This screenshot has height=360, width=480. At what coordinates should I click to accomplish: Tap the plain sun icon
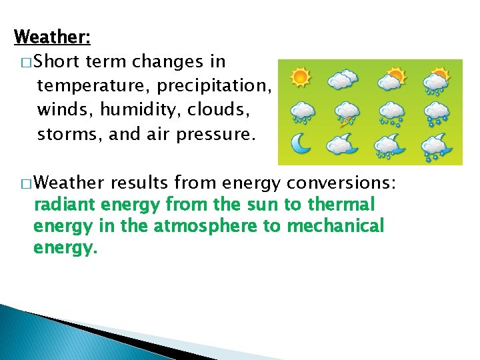[301, 78]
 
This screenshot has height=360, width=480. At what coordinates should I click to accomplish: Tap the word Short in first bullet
[56, 61]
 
